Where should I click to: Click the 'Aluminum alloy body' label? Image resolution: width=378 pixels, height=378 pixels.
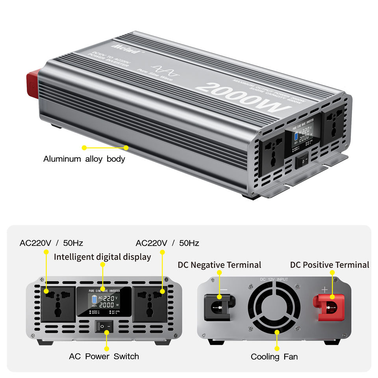[x=84, y=159]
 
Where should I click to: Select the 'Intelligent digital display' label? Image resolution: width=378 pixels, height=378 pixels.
[x=102, y=257]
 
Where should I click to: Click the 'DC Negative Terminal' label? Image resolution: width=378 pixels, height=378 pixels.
[x=219, y=265]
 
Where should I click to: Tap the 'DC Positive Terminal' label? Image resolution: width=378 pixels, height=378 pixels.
[x=330, y=265]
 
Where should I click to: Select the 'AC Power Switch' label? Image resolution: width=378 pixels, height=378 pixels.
[x=104, y=356]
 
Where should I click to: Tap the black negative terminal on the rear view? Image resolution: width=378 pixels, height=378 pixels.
[x=219, y=306]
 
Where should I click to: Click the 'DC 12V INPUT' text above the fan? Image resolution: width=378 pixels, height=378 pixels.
[x=274, y=279]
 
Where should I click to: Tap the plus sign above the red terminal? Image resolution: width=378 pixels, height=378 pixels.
[x=324, y=290]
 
